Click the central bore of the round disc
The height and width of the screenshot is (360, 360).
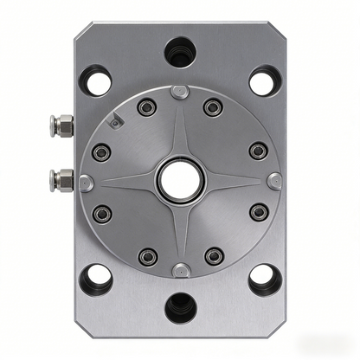[x=180, y=181]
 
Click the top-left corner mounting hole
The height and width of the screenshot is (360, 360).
[x=96, y=81]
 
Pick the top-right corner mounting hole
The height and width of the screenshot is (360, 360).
[x=264, y=81]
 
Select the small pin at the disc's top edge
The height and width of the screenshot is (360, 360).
[x=179, y=92]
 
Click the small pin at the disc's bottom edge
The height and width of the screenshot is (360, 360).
[x=179, y=269]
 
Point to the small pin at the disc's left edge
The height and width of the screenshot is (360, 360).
[x=87, y=182]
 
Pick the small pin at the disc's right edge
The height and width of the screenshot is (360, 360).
[x=273, y=181]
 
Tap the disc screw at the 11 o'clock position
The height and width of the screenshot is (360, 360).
[x=148, y=107]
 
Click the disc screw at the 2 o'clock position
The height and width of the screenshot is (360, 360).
[x=257, y=151]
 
